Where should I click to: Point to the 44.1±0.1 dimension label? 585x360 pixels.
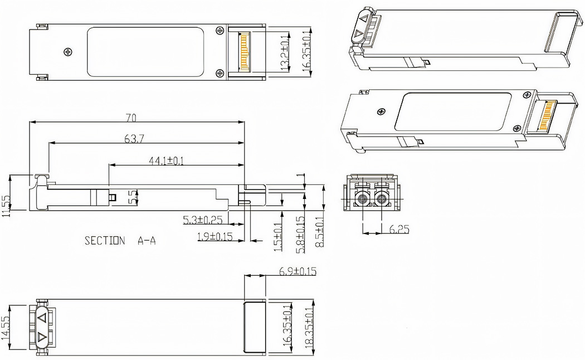pyautogui.click(x=167, y=160)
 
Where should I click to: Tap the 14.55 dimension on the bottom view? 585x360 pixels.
pyautogui.click(x=6, y=327)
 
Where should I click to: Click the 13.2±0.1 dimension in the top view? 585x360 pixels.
pyautogui.click(x=285, y=54)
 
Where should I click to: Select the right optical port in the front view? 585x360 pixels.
pyautogui.click(x=382, y=197)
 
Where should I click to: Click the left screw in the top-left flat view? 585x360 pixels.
pyautogui.click(x=68, y=52)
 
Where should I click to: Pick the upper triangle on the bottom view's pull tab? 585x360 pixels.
pyautogui.click(x=42, y=318)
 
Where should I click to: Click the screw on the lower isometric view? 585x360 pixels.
pyautogui.click(x=382, y=112)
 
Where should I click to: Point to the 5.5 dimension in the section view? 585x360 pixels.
pyautogui.click(x=132, y=196)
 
